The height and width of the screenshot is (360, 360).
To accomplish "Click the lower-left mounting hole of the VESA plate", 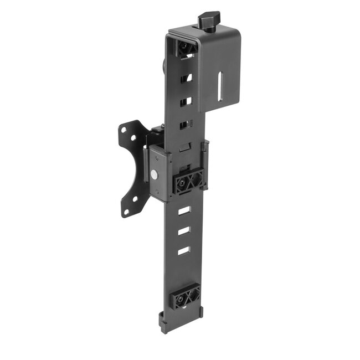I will coord(127,212).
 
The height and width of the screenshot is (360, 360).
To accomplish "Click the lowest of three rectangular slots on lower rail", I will coord(183,251).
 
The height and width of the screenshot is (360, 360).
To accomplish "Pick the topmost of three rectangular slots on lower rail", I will coord(184,211).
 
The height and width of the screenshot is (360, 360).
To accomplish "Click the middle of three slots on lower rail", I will coord(184,232).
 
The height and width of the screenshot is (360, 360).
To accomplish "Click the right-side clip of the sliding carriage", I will coord(205,165).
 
